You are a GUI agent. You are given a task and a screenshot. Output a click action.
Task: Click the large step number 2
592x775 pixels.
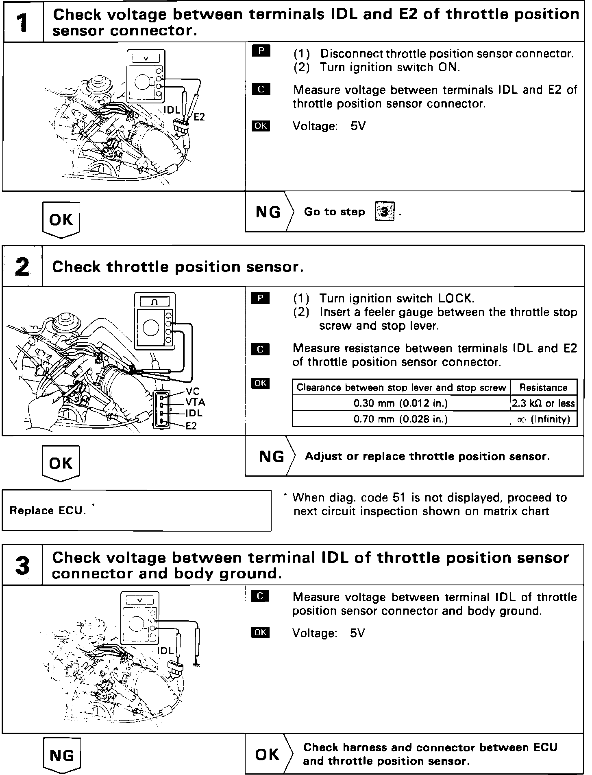[22, 267]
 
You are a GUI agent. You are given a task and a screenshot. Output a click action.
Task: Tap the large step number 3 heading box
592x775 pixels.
[22, 565]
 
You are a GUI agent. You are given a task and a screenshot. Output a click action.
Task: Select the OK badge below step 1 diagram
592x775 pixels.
[61, 220]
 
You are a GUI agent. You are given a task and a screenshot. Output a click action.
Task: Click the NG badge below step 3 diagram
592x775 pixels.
[61, 755]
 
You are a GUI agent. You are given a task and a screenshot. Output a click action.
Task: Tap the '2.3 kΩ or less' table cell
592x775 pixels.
[543, 403]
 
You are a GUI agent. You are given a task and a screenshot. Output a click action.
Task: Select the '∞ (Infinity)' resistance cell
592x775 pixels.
[543, 419]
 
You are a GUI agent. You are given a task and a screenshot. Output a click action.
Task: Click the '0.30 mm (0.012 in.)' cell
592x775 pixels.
[400, 403]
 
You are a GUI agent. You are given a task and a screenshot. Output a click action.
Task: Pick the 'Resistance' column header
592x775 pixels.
[543, 387]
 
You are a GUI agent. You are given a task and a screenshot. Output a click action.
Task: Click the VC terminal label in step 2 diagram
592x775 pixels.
[193, 392]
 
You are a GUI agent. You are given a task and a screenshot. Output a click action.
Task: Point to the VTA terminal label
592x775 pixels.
[195, 402]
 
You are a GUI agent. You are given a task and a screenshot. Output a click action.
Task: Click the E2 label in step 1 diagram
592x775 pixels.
[199, 117]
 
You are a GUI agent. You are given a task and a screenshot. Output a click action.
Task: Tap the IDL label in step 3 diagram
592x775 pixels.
[165, 651]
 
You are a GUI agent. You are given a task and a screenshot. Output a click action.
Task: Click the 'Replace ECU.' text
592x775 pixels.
[48, 510]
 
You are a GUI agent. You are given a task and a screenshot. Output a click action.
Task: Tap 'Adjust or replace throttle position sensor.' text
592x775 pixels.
[427, 456]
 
